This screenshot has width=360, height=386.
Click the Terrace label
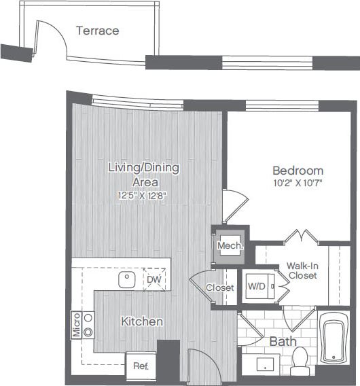[97, 31]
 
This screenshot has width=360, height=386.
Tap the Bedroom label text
[298, 171]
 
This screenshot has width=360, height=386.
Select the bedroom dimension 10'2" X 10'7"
[298, 183]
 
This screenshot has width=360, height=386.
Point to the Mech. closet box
[229, 245]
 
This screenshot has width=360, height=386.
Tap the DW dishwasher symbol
[155, 279]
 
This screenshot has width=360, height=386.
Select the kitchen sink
[127, 279]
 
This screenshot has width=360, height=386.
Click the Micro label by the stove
[76, 325]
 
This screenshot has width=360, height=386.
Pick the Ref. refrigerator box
[140, 365]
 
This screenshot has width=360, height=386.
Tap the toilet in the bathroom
[300, 361]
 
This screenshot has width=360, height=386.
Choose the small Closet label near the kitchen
[220, 287]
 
